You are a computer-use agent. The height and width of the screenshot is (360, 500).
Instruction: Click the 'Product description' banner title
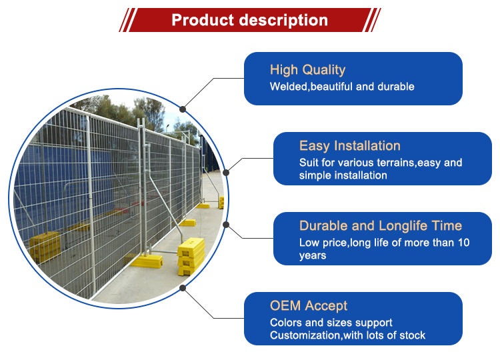(250, 20)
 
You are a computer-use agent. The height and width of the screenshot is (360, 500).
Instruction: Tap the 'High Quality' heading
(308, 70)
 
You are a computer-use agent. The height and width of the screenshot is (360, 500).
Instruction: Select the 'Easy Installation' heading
(350, 146)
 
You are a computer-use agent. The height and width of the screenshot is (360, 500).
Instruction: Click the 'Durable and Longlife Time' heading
(381, 226)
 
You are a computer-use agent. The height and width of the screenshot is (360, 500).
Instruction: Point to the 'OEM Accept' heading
(309, 306)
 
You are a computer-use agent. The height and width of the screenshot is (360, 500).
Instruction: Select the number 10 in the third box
(463, 243)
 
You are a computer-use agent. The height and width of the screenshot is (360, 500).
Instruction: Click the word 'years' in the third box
(313, 256)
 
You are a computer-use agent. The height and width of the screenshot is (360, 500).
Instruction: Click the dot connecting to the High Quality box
(183, 109)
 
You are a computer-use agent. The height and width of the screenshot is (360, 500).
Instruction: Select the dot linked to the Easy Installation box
(226, 173)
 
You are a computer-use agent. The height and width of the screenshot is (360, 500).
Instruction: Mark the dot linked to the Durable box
(226, 225)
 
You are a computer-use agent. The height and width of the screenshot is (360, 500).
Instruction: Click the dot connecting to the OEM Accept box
(183, 288)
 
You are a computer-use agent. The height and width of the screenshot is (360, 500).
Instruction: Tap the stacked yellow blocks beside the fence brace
(191, 256)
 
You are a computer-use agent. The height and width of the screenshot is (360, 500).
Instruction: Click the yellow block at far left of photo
(45, 245)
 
